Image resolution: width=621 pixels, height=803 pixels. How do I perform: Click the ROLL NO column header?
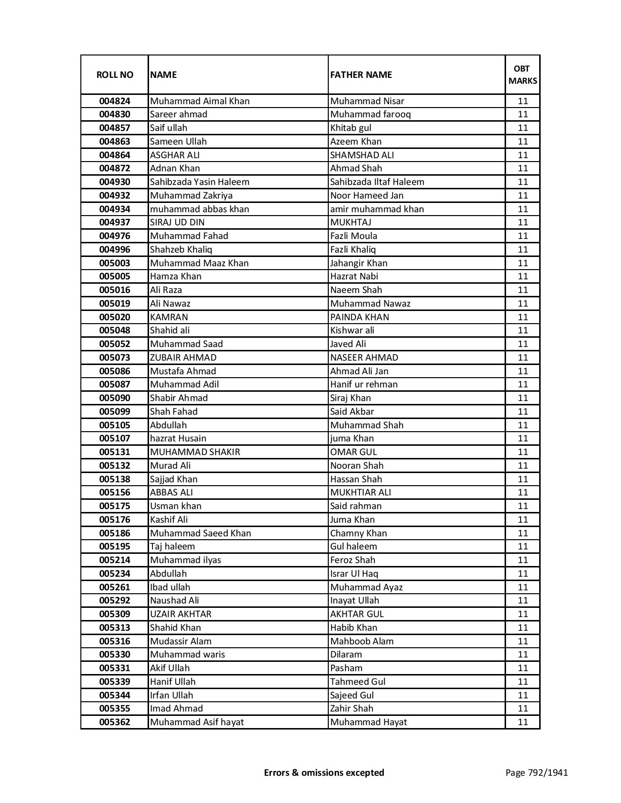point(114,74)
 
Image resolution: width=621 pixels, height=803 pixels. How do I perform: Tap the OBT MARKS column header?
point(523,74)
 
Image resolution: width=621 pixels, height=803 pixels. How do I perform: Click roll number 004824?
point(114,101)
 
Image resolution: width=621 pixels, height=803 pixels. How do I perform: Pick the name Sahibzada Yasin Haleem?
point(200,182)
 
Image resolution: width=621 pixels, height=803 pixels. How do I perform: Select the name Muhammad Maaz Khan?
point(199,263)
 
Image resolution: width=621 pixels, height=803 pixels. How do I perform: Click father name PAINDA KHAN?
point(359,317)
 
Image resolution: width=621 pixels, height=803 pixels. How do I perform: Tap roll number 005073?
point(114,358)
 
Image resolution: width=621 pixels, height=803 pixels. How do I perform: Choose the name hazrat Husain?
point(178,438)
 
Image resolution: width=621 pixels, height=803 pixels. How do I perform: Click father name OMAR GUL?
point(354,452)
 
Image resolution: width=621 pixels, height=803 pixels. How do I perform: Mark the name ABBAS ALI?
point(171,493)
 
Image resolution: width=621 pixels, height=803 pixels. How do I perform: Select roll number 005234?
point(114,574)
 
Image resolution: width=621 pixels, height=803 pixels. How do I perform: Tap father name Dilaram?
point(346,655)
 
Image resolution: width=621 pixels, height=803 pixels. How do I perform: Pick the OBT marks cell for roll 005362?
point(523,722)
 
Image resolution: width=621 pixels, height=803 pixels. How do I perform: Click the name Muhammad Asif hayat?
point(197,722)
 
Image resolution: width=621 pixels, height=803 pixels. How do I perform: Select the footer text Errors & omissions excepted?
point(324,772)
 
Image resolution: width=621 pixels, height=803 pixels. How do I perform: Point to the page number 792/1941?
point(537,772)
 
